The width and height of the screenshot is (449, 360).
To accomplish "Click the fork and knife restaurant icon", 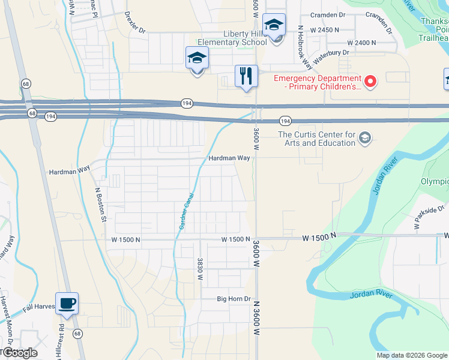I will pos(246,76).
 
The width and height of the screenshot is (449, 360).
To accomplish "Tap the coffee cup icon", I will pos(67,304).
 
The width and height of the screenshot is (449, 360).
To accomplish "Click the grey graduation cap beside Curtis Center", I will pos(364,139).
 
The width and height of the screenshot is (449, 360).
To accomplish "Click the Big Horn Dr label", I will pos(234,299).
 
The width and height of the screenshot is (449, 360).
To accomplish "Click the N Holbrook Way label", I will pos(301,43).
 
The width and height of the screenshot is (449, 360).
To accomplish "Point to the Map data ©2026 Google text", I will pos(412,355).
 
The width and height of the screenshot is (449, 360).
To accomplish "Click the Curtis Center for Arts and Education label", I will pos(316,139).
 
